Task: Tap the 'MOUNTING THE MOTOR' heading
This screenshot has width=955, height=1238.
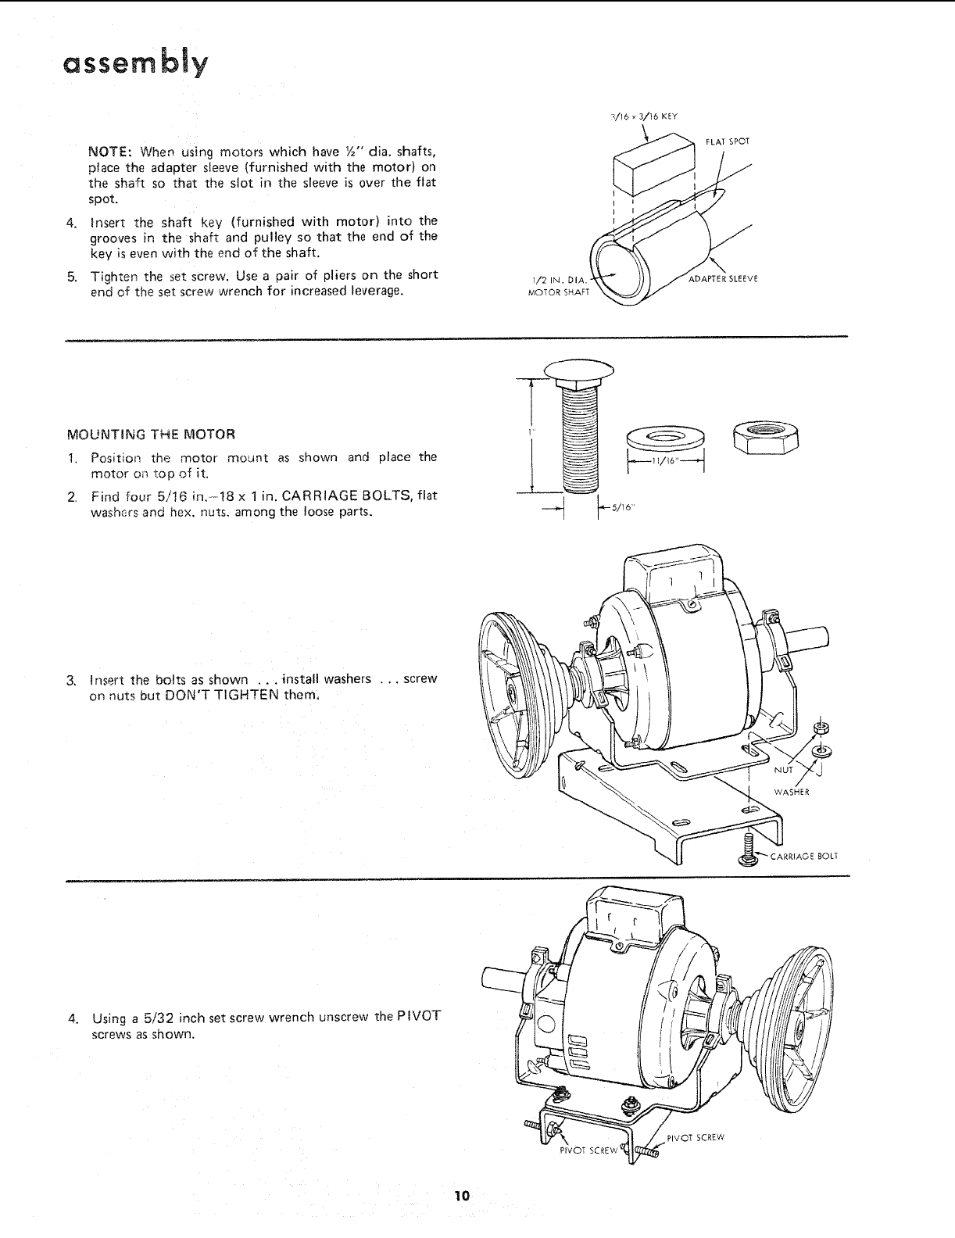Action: pyautogui.click(x=152, y=434)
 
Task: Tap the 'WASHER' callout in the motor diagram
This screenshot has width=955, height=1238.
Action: pyautogui.click(x=791, y=792)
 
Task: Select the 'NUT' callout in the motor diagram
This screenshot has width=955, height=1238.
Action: pyautogui.click(x=783, y=770)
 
